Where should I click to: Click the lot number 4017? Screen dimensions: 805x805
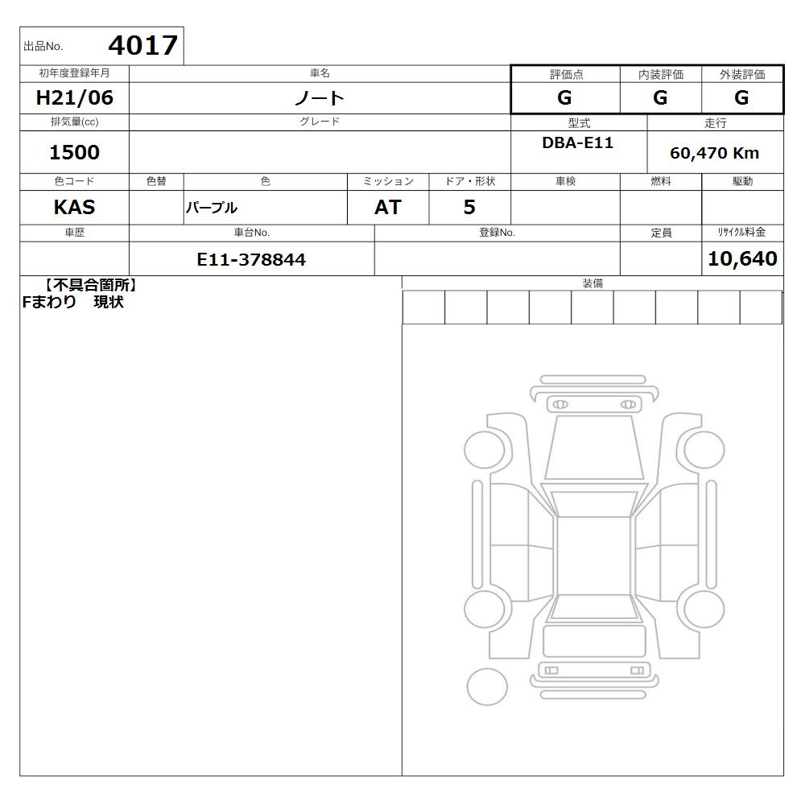[x=143, y=45]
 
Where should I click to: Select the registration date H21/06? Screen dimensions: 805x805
[x=74, y=97]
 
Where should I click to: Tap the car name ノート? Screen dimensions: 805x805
[x=320, y=98]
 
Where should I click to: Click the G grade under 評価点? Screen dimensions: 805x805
[x=564, y=97]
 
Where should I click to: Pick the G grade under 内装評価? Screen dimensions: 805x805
[x=660, y=97]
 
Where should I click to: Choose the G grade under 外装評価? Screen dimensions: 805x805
[x=741, y=97]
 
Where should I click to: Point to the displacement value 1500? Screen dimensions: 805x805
[x=74, y=152]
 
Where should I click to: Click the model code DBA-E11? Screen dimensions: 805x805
[x=577, y=142]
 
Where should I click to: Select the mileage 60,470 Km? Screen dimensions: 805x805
[x=714, y=153]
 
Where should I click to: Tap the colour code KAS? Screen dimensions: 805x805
[x=74, y=208]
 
